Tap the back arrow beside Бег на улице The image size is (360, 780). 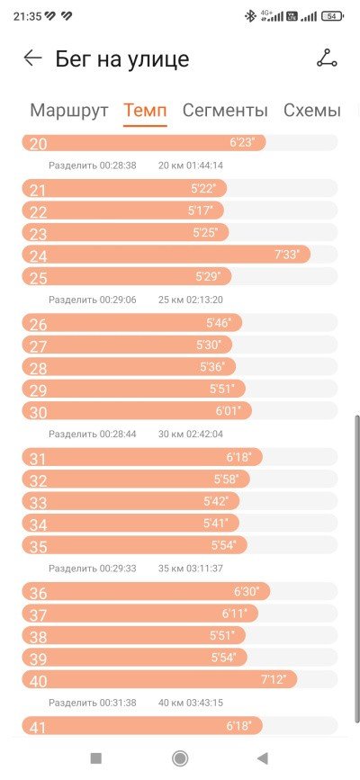(x=33, y=58)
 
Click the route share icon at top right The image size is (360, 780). (x=327, y=58)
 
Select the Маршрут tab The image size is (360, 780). (x=69, y=110)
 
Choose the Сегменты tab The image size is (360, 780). (x=225, y=110)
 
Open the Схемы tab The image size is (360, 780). (x=312, y=110)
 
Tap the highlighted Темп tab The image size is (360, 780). (x=145, y=110)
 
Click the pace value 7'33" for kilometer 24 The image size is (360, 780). (x=287, y=255)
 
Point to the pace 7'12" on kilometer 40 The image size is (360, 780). (x=274, y=679)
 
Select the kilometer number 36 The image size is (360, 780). (x=39, y=593)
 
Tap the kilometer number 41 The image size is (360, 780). (x=38, y=727)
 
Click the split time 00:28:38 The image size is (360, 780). (x=118, y=166)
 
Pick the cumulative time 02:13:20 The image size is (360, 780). (x=204, y=300)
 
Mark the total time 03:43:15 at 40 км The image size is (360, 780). (x=204, y=703)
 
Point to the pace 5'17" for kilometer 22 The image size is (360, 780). (x=200, y=211)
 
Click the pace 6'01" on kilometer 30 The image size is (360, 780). (x=228, y=411)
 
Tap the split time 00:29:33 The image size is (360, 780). (x=118, y=568)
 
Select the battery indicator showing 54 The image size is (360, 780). (x=331, y=16)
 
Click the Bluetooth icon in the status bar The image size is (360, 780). (x=249, y=16)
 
